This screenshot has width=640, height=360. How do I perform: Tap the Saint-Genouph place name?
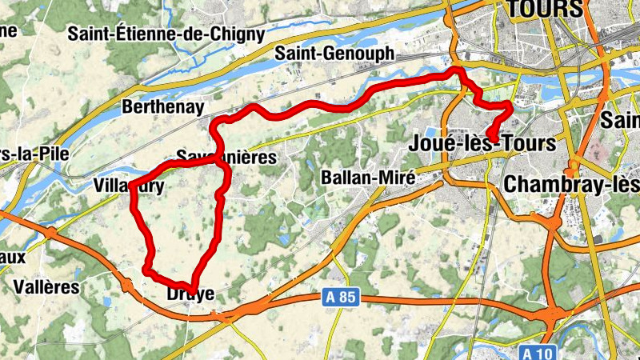pos(334,54)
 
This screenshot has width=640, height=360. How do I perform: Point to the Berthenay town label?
pos(163,106)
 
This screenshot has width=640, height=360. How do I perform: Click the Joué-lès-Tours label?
pos(482,144)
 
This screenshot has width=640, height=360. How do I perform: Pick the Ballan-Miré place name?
pos(367,178)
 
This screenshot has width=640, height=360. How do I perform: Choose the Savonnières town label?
pos(226,158)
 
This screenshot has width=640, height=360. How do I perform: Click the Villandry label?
pos(129,186)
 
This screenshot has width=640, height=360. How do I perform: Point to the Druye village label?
pos(190,294)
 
